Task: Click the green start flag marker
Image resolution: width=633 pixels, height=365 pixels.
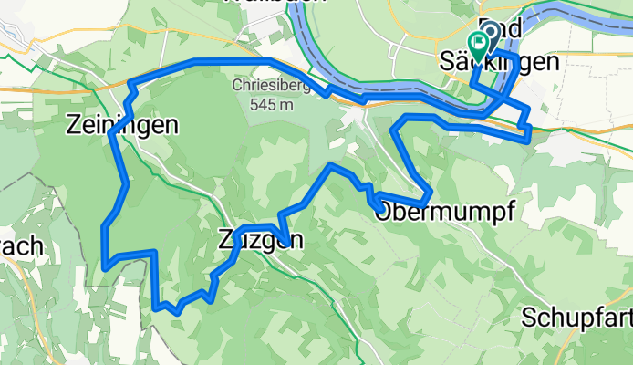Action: [x=477, y=42]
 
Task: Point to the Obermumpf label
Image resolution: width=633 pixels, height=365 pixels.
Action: [x=445, y=212]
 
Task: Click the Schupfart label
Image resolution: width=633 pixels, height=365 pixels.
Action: [x=576, y=318]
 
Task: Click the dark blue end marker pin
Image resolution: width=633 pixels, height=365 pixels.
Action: [x=490, y=33]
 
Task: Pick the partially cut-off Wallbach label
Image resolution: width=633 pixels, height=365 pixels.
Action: [x=274, y=3]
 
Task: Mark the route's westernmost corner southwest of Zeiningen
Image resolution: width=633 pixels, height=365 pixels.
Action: [x=106, y=266]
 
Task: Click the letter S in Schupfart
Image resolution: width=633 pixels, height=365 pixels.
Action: [x=530, y=318]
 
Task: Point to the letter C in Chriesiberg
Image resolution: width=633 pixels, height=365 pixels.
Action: [x=238, y=87]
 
